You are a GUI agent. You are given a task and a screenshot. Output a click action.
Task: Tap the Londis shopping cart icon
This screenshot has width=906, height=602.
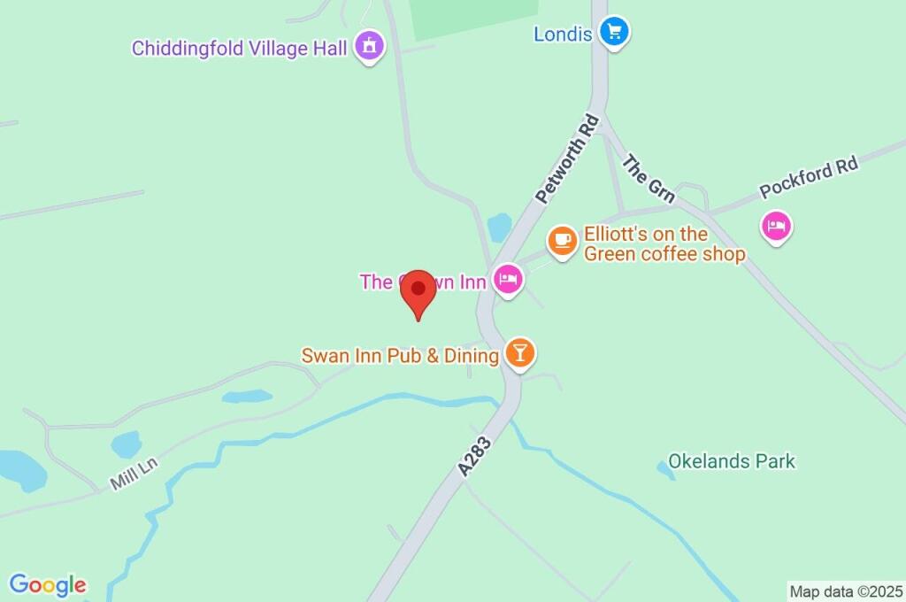(613, 34)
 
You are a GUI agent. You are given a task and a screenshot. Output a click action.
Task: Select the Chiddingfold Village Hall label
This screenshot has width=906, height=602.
(239, 48)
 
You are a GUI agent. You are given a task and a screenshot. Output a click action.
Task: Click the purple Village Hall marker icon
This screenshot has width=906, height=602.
(369, 45)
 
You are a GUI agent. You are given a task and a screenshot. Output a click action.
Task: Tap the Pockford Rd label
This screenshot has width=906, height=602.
(809, 180)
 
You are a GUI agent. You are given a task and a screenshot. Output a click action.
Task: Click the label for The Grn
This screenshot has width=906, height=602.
(649, 180)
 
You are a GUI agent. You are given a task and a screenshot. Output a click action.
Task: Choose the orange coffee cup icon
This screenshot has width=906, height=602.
(561, 240)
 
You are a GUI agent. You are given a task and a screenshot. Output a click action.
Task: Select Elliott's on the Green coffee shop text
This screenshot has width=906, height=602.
(664, 244)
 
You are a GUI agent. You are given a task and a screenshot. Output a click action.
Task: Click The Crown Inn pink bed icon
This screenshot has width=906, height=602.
(508, 281)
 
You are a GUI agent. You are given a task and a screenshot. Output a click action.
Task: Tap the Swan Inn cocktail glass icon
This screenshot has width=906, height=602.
(519, 354)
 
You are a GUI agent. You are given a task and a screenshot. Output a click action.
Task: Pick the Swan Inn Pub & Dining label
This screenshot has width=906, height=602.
(400, 356)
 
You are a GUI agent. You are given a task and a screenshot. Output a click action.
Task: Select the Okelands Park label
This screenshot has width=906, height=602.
(732, 461)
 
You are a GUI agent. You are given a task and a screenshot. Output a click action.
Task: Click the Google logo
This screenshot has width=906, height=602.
(47, 584)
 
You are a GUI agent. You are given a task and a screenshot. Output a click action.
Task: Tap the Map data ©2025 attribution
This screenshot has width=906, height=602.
(845, 590)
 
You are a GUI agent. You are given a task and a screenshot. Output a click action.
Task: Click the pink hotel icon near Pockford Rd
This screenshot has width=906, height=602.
(776, 226)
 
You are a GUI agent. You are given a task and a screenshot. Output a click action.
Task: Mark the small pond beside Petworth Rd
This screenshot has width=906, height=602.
(500, 227)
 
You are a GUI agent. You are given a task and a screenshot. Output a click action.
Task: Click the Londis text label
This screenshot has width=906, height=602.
(563, 35)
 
